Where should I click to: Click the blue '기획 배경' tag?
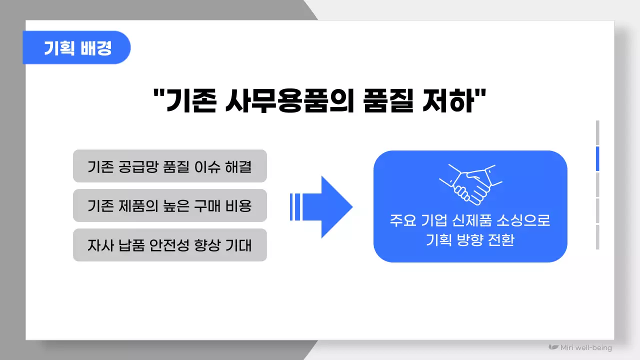[x=77, y=48]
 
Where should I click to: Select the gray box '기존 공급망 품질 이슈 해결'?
[x=170, y=166]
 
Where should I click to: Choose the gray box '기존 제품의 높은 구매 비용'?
[x=170, y=205]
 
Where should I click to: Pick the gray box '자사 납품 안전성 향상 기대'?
[x=170, y=245]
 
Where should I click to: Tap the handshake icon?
[x=470, y=183]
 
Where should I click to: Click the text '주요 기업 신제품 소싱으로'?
[x=470, y=220]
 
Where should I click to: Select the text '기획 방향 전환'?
[x=470, y=240]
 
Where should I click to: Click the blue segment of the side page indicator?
[x=597, y=159]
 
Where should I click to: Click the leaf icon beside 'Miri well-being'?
[x=553, y=347]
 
